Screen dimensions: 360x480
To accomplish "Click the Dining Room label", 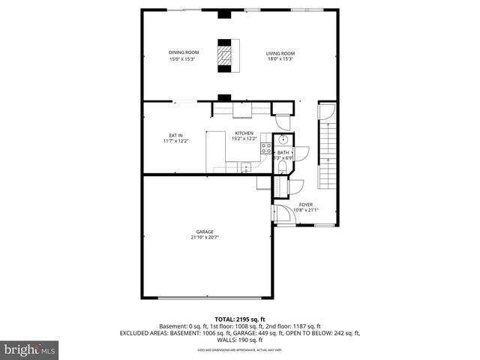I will (182, 52).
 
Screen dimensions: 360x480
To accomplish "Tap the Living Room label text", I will (280, 53).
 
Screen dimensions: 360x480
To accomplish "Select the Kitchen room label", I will (244, 133).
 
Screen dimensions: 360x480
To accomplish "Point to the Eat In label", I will (175, 135).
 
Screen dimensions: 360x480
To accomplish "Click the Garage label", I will (205, 232).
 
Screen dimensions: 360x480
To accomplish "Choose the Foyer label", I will (306, 204).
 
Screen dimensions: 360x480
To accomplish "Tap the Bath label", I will (283, 152).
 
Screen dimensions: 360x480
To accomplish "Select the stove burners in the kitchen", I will (265, 147).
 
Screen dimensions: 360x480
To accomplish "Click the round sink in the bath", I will (284, 140).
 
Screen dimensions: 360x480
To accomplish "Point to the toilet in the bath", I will (283, 169).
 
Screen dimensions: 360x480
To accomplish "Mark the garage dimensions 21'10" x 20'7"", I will (205, 238).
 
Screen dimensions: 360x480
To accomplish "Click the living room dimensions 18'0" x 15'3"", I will (280, 59).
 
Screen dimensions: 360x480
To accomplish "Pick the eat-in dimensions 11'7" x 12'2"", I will (175, 141).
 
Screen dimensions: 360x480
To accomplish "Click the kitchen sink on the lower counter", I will (246, 169).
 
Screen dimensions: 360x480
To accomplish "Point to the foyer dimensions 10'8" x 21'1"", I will (306, 210).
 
